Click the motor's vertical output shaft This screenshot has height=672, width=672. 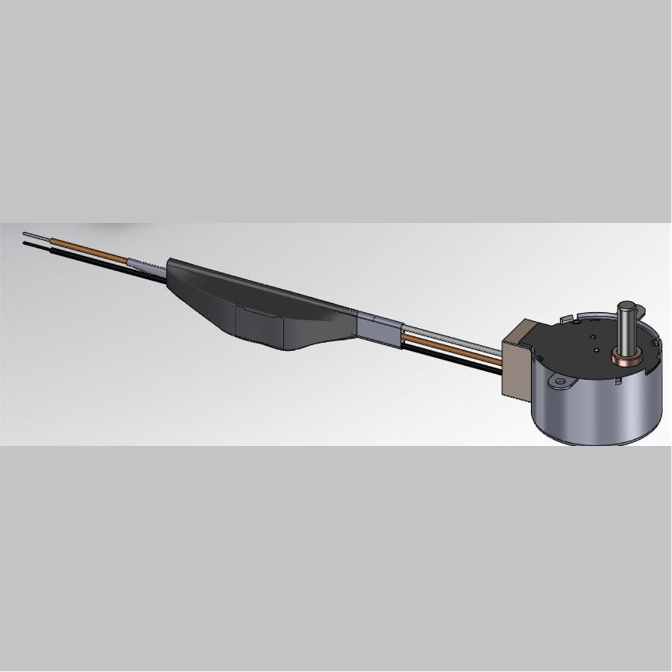click(x=628, y=328)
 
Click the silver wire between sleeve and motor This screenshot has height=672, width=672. click(x=451, y=339)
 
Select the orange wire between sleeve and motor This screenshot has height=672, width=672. click(x=451, y=349)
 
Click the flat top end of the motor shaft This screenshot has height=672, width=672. click(x=628, y=305)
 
